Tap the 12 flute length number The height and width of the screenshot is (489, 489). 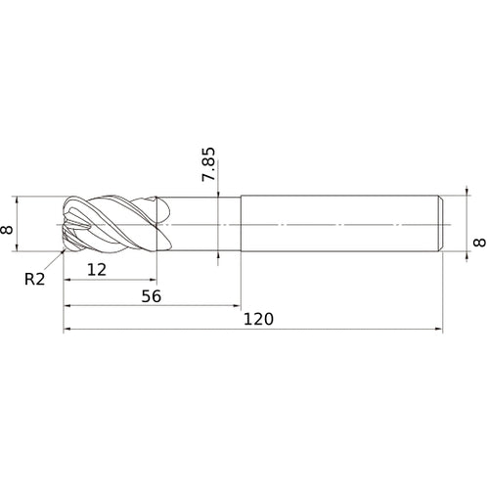click(95, 269)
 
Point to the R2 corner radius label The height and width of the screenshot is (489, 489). click(34, 279)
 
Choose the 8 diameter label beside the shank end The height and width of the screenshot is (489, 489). click(478, 242)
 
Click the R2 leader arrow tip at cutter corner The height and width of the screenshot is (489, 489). click(67, 249)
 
